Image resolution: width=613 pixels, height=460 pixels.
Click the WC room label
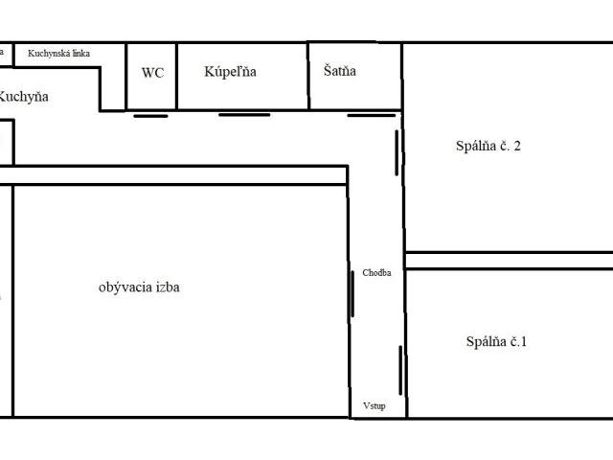point(152,73)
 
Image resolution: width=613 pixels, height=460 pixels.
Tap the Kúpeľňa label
point(230,72)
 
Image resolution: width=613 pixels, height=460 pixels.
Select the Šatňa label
point(340,71)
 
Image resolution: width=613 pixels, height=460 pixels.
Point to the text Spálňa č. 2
point(488,146)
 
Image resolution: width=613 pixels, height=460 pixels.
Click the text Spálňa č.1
point(496,341)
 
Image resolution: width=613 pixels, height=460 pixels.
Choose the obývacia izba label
point(139,287)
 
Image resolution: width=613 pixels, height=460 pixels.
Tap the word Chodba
point(376,272)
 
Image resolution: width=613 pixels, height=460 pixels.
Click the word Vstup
point(375,405)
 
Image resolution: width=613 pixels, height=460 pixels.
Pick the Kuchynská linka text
point(59,54)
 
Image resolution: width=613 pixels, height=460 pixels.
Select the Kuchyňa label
point(23,97)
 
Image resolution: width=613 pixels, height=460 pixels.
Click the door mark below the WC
point(150,116)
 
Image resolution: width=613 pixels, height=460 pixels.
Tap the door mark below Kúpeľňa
point(244,115)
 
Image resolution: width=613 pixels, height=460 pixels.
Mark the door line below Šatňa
point(372,115)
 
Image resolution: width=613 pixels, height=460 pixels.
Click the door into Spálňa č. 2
point(397,153)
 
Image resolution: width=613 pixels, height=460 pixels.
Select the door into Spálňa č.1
point(400,371)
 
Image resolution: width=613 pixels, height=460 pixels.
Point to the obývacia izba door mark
point(352,294)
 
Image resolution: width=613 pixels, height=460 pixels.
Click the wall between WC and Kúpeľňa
point(176,77)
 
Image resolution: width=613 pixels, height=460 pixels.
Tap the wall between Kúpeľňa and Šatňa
point(308,76)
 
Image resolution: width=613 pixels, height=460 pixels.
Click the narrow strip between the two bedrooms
point(509,261)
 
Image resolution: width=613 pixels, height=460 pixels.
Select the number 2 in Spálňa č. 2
point(517,146)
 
